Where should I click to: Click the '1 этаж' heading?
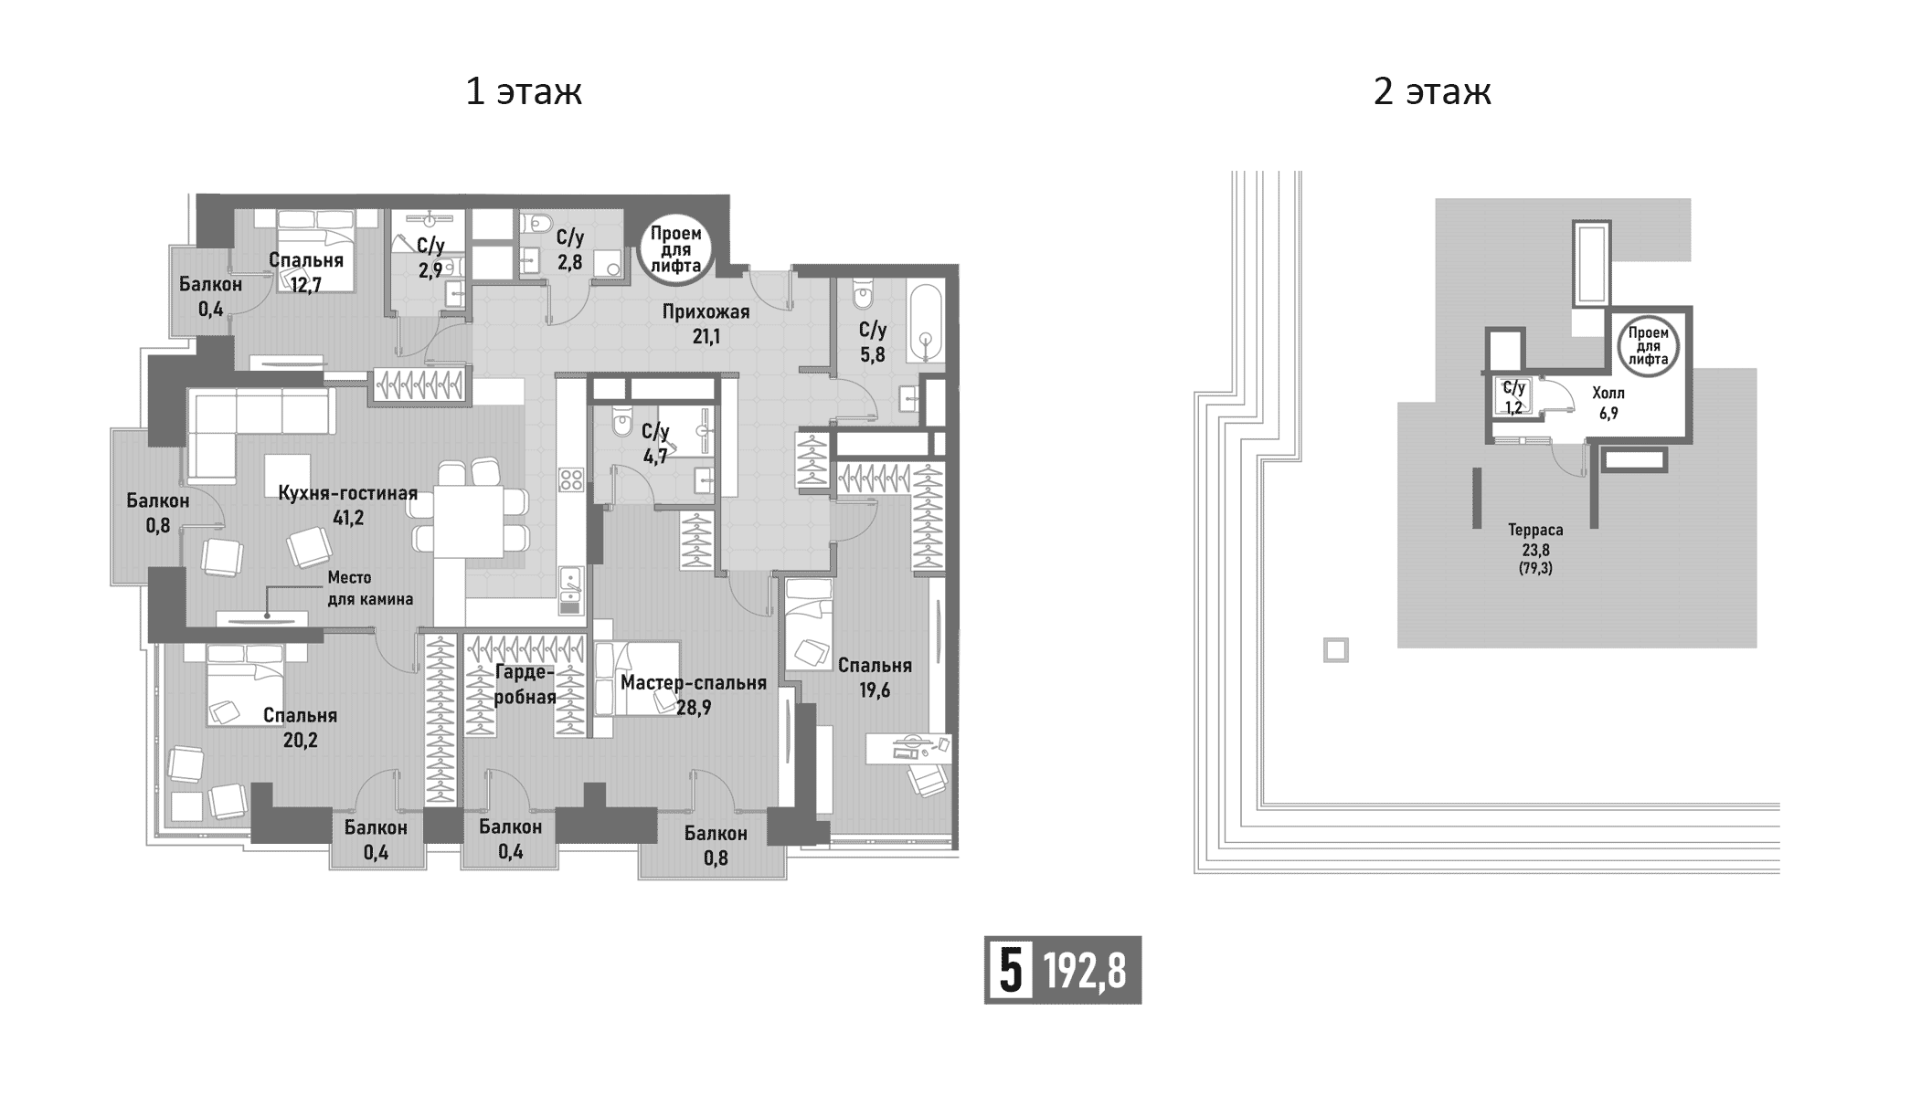(x=524, y=92)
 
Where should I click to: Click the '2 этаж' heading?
(x=1432, y=92)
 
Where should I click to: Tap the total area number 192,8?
(x=1085, y=971)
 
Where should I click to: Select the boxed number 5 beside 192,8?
(x=1009, y=971)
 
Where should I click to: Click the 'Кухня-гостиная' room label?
(x=347, y=494)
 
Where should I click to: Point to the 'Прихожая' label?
(x=706, y=312)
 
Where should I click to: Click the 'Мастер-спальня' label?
(x=693, y=683)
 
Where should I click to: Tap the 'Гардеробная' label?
(x=525, y=685)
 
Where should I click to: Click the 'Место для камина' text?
(x=370, y=588)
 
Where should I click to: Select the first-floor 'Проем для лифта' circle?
(x=676, y=249)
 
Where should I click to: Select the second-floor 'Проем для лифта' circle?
(x=1648, y=346)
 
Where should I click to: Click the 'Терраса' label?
(x=1535, y=530)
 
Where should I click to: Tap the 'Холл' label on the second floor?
(x=1608, y=394)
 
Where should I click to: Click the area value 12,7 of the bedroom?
(x=306, y=285)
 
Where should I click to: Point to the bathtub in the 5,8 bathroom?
(x=926, y=324)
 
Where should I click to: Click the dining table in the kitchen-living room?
(x=469, y=521)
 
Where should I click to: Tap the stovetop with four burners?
(x=571, y=479)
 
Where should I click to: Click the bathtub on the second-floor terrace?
(x=1591, y=264)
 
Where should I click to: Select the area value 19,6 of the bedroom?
(x=874, y=690)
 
